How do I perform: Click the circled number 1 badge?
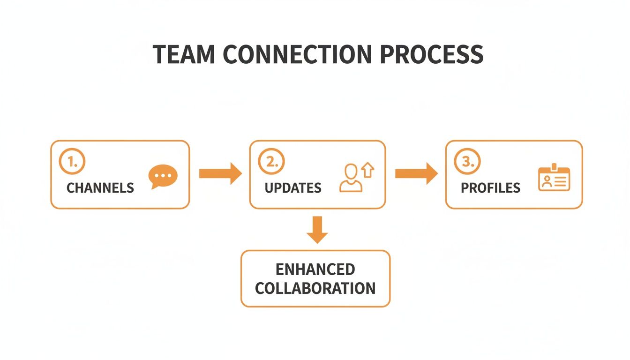click(72, 162)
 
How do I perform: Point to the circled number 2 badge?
click(270, 162)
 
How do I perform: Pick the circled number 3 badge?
click(467, 162)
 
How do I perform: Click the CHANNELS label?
click(100, 188)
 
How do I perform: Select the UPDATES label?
click(293, 188)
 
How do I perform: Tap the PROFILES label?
click(490, 188)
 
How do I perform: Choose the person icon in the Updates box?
click(350, 179)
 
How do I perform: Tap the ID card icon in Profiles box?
click(554, 179)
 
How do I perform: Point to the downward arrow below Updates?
click(318, 229)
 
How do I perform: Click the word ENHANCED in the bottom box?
click(315, 270)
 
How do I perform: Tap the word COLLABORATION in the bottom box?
click(315, 288)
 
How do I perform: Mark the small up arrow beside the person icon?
click(368, 170)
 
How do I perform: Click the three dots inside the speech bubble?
click(163, 175)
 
